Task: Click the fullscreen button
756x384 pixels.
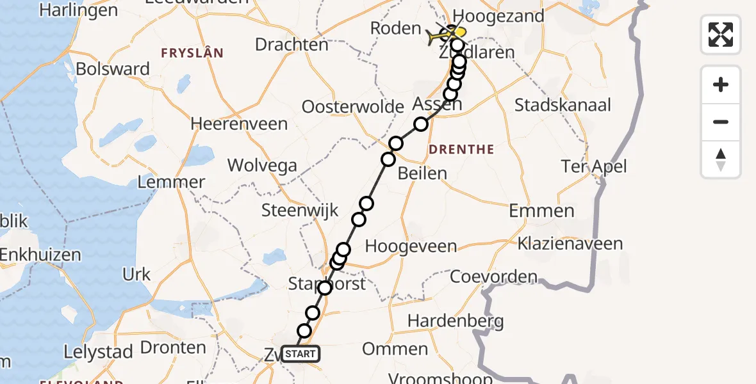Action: pos(721,35)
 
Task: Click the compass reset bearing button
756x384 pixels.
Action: pos(721,159)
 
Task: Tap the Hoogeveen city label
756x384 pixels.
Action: pos(411,246)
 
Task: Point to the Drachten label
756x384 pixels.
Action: pos(292,45)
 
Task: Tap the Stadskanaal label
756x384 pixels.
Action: pos(563,105)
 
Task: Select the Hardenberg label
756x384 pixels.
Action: pos(456,321)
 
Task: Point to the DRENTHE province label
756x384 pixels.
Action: pos(461,150)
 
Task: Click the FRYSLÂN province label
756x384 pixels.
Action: pos(192,54)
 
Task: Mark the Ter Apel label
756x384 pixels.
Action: pos(593,167)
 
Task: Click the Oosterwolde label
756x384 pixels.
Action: pos(353,106)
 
